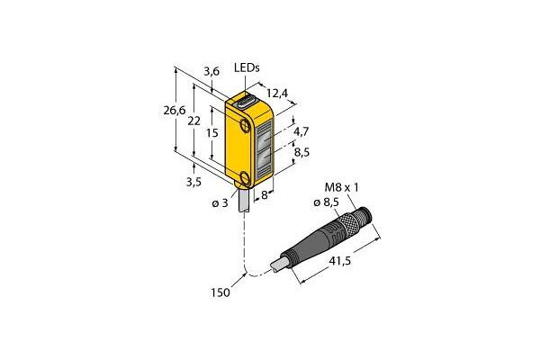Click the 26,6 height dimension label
175,111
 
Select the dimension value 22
193,121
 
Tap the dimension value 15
212,132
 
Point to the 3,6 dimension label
211,72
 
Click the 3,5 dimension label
193,182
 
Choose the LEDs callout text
247,67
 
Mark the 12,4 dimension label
277,94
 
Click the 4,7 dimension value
301,131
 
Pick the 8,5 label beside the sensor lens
301,152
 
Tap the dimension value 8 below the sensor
264,195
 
